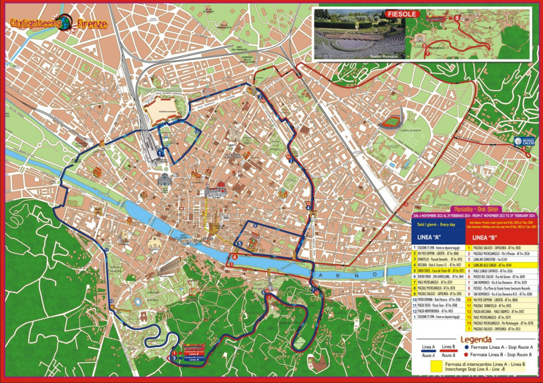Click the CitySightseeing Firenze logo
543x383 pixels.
59,23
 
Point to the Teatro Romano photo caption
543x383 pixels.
384,56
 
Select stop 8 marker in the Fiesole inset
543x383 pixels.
457,18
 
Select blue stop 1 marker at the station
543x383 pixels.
160,154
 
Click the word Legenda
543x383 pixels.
476,337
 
